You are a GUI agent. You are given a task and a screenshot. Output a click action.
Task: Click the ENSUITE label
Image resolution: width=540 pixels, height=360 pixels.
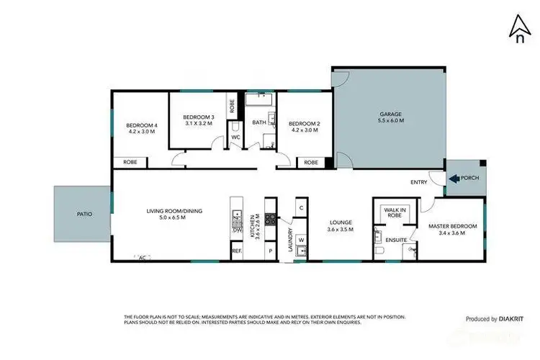[396, 239]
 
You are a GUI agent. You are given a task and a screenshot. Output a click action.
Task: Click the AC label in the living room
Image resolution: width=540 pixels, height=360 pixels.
[142, 257]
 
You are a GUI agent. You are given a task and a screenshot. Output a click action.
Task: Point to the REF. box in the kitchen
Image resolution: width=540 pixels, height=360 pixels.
[236, 251]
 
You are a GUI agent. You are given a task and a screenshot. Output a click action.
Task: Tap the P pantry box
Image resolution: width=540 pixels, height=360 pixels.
[271, 252]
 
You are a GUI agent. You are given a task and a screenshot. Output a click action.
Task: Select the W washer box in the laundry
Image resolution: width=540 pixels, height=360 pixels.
[302, 240]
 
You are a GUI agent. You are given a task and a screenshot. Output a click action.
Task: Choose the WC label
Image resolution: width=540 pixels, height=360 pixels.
[235, 138]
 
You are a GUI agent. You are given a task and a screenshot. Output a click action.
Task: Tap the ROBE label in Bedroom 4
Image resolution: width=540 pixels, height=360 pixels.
[130, 163]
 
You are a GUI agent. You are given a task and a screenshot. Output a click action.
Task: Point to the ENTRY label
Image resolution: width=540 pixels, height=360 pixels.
[418, 182]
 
